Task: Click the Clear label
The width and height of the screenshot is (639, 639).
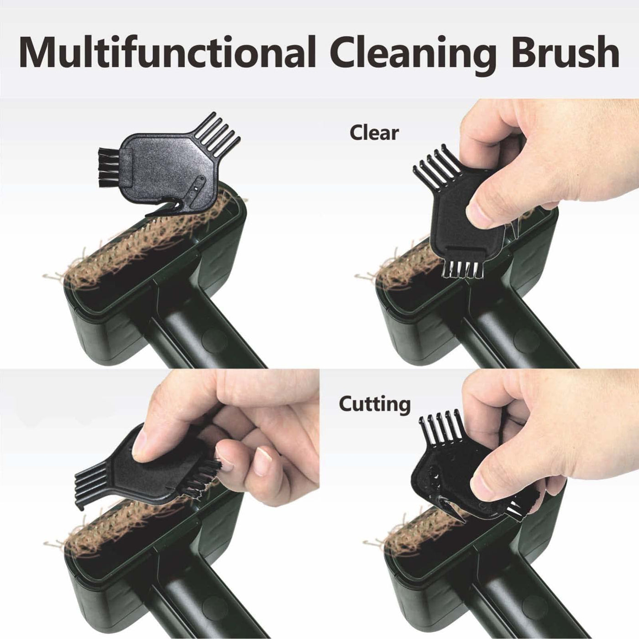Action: [x=374, y=133]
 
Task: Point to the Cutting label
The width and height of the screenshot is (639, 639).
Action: [x=375, y=405]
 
